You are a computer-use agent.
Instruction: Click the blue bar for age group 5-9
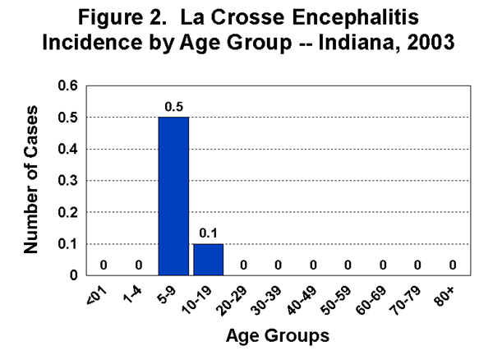point(173,196)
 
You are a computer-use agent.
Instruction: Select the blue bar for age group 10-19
point(208,259)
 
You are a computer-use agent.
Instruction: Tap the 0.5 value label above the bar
point(173,106)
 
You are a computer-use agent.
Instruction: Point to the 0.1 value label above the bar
point(208,233)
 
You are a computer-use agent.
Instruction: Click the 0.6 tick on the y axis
point(73,86)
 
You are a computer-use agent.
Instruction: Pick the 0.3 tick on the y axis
point(73,181)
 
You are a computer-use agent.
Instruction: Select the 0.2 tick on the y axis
point(73,212)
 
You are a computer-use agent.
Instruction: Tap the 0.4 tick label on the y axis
point(73,149)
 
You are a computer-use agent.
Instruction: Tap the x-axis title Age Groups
point(279,335)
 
